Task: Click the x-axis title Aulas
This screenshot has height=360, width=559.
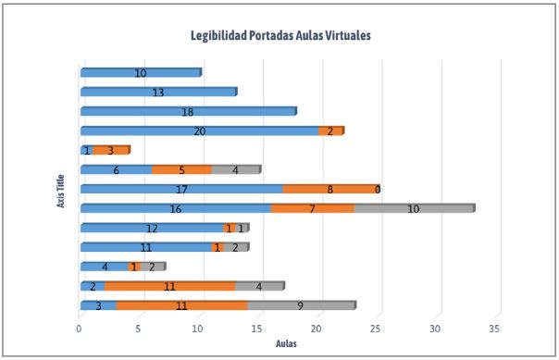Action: pos(286,344)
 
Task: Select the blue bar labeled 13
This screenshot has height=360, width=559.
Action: pos(158,92)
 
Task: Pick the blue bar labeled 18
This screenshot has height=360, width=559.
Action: pos(188,111)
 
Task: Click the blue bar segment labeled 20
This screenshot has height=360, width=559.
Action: pos(199,130)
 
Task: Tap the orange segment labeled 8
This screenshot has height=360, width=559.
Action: pos(329,189)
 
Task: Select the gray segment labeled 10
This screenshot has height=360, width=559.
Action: pos(414,209)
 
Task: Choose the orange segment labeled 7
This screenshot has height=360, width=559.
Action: pos(312,209)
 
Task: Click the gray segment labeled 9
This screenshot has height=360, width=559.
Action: pos(300,304)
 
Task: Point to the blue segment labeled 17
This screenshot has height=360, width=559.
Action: pos(181,189)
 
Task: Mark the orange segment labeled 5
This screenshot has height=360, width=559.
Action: pos(181,169)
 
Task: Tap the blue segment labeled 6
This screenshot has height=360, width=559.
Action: pos(116,169)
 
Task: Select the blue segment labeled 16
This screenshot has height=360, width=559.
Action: pos(176,209)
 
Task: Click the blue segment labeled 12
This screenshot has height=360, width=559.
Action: pos(152,228)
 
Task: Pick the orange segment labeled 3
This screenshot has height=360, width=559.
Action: pos(110,150)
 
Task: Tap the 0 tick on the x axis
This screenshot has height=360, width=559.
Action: pos(80,329)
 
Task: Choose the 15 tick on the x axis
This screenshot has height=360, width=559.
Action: pos(258,329)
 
